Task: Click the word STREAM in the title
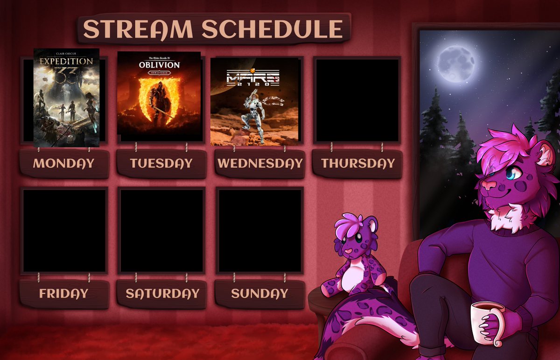pos(139,29)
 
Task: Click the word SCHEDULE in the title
pos(273,29)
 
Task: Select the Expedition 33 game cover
pos(66,97)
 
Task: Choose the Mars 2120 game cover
pos(254,101)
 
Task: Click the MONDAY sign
pos(64,163)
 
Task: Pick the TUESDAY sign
pos(161,163)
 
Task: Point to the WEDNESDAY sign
pos(260,163)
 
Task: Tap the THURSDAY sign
pos(358,163)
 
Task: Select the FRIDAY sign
pos(64,294)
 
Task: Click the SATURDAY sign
pos(162,294)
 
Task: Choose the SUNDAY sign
pos(259,294)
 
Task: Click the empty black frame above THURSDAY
pos(357,100)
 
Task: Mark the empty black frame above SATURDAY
pos(162,231)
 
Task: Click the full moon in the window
pos(456,61)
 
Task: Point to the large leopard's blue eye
pos(514,174)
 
